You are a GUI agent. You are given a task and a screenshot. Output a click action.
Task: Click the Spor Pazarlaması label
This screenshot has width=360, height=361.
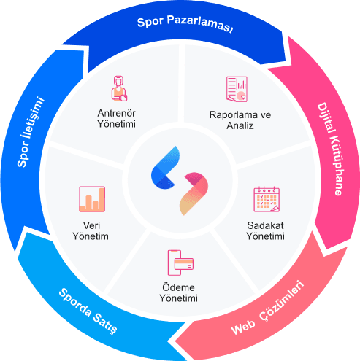pos(185,23)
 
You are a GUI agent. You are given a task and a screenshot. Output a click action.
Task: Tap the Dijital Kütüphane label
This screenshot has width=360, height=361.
pos(331,149)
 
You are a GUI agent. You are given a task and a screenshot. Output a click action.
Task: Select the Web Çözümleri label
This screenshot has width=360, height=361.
pos(268,308)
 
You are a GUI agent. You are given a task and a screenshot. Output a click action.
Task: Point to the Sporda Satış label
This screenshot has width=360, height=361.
pos(88,311)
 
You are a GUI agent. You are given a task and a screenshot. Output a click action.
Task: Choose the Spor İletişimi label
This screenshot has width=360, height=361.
pos(30,132)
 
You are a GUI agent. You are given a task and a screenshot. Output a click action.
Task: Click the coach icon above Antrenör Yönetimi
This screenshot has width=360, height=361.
pos(119,88)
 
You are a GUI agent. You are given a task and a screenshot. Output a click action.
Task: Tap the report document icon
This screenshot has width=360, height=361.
pos(237,89)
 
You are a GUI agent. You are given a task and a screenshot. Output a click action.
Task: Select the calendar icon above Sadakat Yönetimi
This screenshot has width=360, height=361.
pos(267,199)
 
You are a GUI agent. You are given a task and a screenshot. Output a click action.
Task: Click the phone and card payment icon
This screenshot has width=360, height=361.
pos(180,263)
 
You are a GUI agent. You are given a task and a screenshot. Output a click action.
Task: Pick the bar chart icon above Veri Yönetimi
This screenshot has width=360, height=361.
pos(92,199)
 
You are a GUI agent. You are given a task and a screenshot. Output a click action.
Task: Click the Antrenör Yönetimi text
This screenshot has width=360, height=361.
pos(117,119)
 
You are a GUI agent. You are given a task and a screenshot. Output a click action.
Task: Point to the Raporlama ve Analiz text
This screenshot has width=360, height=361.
pos(240,120)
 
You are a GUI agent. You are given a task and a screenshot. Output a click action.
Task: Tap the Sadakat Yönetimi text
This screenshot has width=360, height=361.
pos(265,230)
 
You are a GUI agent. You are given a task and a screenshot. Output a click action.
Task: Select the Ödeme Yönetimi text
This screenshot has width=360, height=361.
pos(178,292)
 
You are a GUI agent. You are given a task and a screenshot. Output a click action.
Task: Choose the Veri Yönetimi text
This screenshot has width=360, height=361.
pos(91,230)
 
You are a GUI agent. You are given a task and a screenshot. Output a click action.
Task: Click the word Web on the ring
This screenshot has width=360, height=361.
pos(243,327)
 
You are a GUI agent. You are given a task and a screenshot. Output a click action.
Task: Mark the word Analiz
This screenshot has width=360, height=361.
pos(240,125)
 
